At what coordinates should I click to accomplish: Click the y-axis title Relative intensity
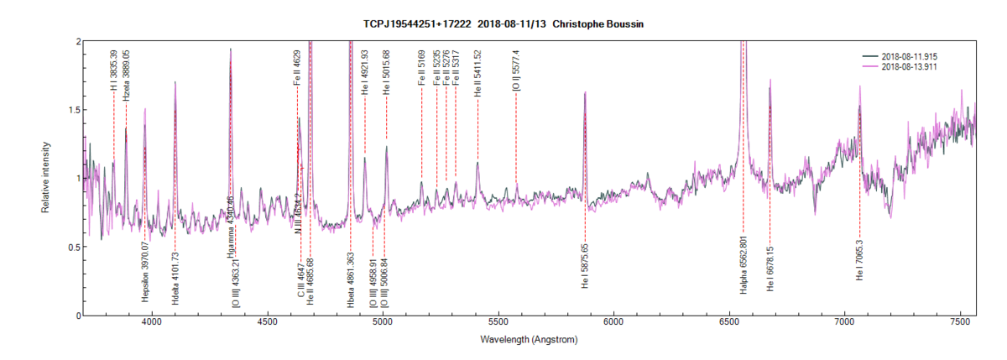[47, 178]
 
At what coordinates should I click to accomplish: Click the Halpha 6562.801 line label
[743, 265]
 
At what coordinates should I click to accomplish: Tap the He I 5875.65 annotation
[585, 267]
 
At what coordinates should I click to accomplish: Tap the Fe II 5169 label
[421, 68]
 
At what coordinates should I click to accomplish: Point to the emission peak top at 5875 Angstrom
[585, 93]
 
